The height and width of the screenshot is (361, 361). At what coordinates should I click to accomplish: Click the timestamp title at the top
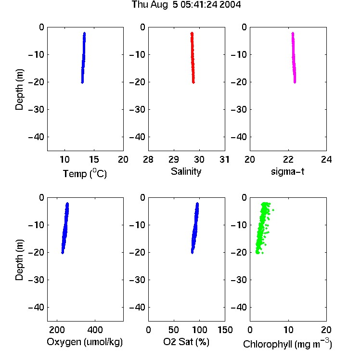pos(186,5)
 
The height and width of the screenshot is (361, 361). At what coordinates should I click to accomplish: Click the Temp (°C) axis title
pos(85,174)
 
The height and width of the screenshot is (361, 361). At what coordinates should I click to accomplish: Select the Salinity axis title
pos(186,171)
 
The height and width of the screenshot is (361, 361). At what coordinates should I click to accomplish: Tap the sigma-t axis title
pos(287,171)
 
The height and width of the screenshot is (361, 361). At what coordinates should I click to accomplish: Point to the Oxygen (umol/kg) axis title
pos(85,342)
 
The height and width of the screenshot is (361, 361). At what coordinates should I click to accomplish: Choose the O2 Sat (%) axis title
pos(186,342)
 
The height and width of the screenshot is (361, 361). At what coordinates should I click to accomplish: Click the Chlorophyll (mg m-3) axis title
pos(287,344)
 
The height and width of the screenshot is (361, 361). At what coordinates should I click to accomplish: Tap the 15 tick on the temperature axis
pos(94,159)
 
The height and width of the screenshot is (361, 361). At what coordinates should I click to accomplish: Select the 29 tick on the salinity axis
pos(174,159)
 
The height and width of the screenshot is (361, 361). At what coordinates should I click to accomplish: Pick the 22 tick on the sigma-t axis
pos(288,159)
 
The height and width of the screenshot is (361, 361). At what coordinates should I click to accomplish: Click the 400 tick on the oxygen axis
pos(95,330)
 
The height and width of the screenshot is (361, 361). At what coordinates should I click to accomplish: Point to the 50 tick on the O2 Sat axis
pos(174,330)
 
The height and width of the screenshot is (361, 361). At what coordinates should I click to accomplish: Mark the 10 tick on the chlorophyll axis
pos(288,330)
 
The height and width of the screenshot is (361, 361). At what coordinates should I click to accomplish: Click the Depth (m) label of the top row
pos(19,90)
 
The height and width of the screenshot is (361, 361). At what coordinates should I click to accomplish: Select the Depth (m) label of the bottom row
pos(19,260)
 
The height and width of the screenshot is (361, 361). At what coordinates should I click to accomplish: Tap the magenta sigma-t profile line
pos(294,58)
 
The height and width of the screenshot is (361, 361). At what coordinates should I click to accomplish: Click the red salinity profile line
pos(193,58)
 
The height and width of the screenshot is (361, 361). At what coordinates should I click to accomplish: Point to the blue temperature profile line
pos(83,58)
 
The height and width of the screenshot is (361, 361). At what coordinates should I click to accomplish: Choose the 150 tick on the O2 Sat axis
pos(225,330)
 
